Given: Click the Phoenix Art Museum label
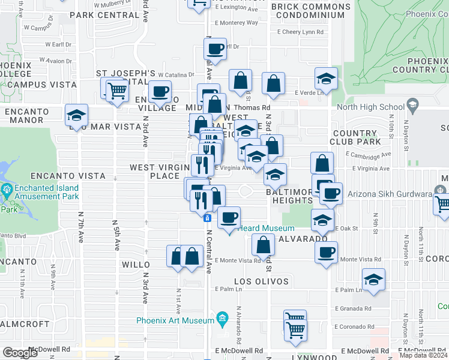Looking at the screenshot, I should (x=175, y=320).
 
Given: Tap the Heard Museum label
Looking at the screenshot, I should (x=267, y=228).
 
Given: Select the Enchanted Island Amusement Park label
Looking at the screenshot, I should (x=42, y=192).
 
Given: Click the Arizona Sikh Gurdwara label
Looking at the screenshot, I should (x=390, y=194).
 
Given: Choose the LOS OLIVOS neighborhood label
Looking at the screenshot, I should (x=261, y=281).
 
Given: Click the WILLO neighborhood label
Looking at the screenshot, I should (x=136, y=264).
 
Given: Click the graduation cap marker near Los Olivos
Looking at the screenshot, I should (x=373, y=279).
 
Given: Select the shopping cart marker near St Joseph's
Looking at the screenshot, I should (x=117, y=91).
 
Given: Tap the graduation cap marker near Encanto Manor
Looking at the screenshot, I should (x=76, y=115).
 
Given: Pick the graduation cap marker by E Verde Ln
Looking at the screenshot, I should (x=326, y=79).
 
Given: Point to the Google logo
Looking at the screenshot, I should (x=19, y=353).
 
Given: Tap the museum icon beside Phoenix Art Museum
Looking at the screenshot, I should (x=222, y=317).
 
